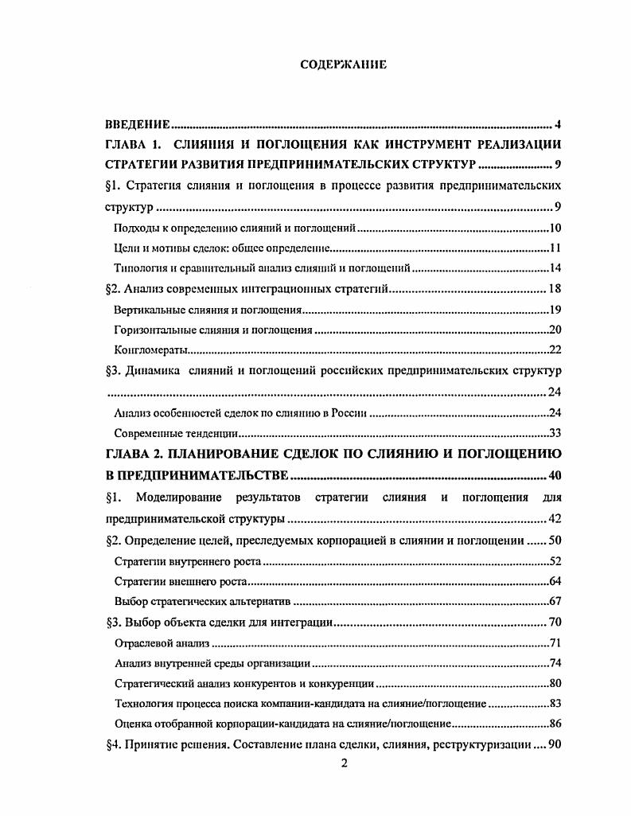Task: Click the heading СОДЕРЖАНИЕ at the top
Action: pos(343,64)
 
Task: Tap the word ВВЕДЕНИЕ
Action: pos(138,125)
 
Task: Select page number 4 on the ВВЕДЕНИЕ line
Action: pos(559,125)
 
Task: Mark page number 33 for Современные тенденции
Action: pos(555,434)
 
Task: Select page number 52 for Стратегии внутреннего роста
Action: pos(555,561)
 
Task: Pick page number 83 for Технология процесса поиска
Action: pos(555,704)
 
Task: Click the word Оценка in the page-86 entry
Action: pos(134,724)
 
